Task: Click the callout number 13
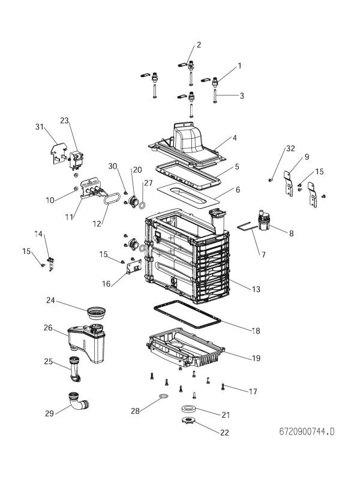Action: (256, 290)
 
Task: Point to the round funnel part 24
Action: (97, 313)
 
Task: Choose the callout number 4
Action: (235, 137)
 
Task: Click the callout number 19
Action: (256, 358)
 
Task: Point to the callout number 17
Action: (253, 392)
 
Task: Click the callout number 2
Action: (199, 44)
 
